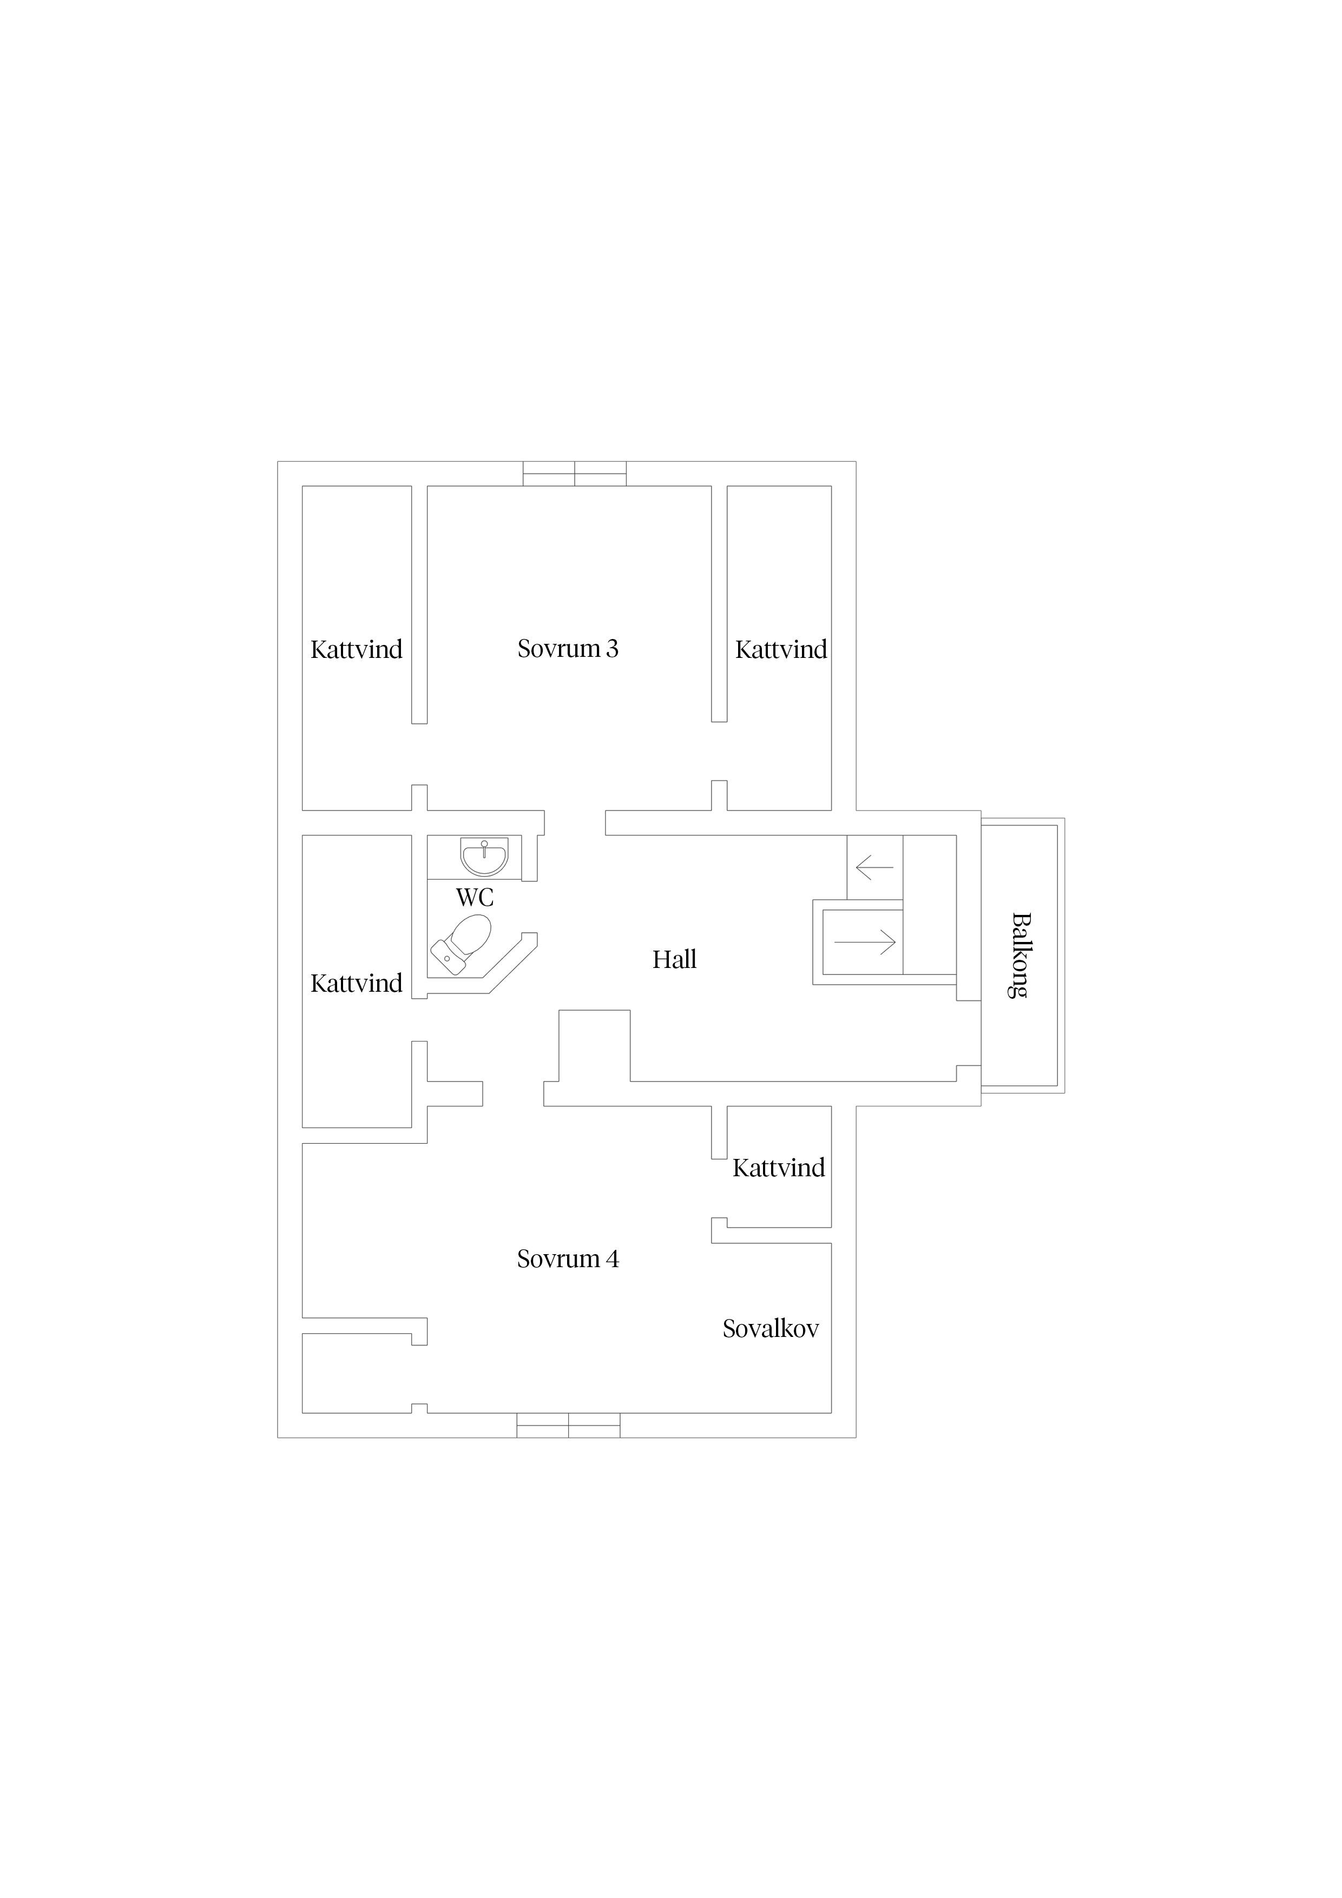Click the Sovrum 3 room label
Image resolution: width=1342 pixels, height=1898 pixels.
tap(568, 649)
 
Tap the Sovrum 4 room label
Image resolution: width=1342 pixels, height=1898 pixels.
tap(568, 1259)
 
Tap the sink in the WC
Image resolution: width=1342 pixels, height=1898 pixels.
tap(484, 856)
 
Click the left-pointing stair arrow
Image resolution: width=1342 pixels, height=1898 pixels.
tap(875, 867)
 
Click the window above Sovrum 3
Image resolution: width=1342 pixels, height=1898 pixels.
tap(575, 473)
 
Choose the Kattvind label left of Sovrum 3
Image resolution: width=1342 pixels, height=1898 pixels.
tap(357, 650)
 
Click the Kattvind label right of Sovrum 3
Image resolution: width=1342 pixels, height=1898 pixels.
tap(781, 650)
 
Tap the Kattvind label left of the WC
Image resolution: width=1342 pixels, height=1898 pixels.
tap(357, 983)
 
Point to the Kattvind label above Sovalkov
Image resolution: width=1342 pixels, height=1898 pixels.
tap(779, 1168)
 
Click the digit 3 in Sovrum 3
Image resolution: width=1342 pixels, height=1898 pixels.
tap(612, 649)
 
